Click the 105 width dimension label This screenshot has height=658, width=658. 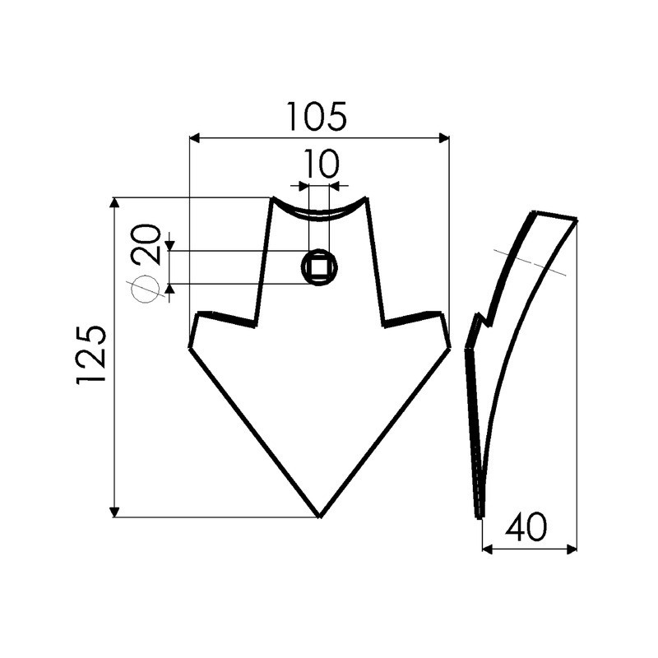click(317, 117)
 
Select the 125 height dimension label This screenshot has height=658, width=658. click(92, 354)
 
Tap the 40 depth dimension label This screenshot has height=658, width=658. click(526, 528)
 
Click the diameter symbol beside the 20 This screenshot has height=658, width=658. click(145, 290)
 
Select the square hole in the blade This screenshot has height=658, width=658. click(318, 267)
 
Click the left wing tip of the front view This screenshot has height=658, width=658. click(190, 346)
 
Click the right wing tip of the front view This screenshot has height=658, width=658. click(448, 346)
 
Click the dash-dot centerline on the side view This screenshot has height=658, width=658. click(531, 262)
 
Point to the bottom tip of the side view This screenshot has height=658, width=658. click(479, 516)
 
